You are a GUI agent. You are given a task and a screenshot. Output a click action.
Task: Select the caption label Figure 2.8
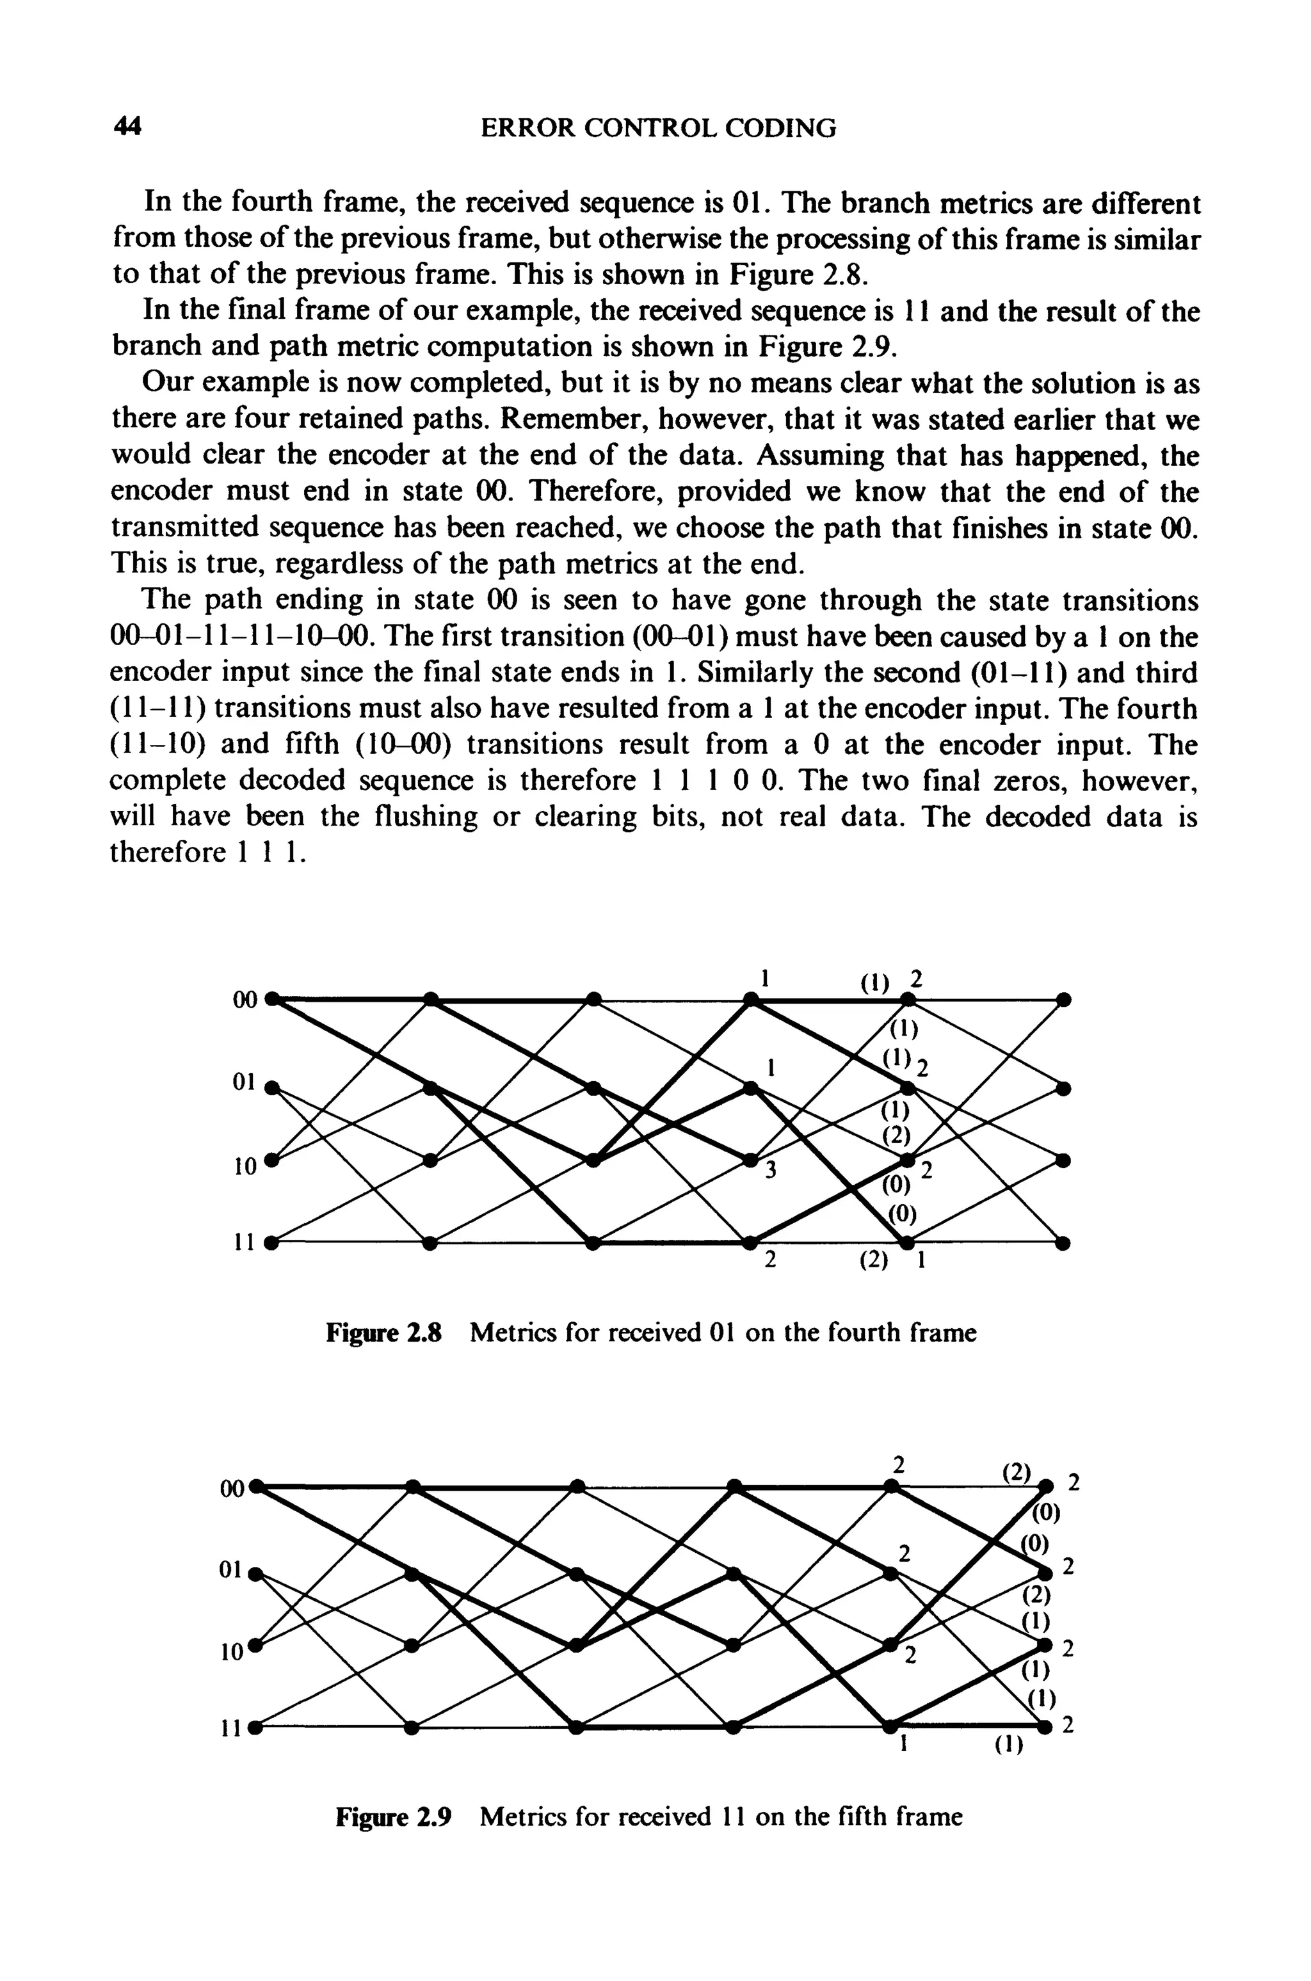[x=382, y=1331]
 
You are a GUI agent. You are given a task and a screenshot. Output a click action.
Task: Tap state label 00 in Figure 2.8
[x=246, y=1000]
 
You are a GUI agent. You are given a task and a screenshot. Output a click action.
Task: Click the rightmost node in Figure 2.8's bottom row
[x=1063, y=1243]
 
